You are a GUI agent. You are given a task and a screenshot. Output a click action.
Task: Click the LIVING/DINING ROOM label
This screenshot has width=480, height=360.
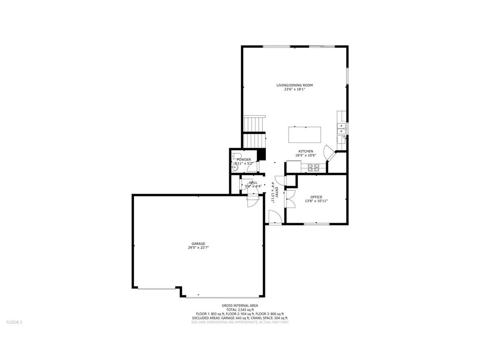(294, 85)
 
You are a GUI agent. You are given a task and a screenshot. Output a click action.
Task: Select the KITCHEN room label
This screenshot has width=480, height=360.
(306, 151)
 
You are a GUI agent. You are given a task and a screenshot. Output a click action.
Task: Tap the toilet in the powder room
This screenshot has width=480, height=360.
(237, 157)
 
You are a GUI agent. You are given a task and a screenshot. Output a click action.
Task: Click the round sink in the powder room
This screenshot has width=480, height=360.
(234, 168)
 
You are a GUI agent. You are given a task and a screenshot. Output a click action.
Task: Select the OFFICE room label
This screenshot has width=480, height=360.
(316, 197)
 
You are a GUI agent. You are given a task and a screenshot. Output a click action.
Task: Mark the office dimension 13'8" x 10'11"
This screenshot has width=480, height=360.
(316, 201)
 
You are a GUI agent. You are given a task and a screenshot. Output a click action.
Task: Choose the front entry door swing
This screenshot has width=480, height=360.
(275, 217)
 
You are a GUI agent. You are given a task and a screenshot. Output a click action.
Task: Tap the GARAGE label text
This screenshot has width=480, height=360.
(198, 244)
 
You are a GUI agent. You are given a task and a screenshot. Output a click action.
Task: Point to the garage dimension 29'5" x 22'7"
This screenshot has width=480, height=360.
(198, 248)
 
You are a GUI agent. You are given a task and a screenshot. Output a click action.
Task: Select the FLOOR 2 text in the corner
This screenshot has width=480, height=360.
(14, 322)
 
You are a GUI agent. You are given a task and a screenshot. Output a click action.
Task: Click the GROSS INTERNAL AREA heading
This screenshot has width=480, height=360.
(240, 306)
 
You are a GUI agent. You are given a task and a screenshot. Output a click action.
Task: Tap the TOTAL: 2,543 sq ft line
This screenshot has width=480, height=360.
(240, 310)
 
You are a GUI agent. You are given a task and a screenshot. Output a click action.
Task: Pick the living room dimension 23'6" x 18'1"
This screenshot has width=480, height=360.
(294, 90)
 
